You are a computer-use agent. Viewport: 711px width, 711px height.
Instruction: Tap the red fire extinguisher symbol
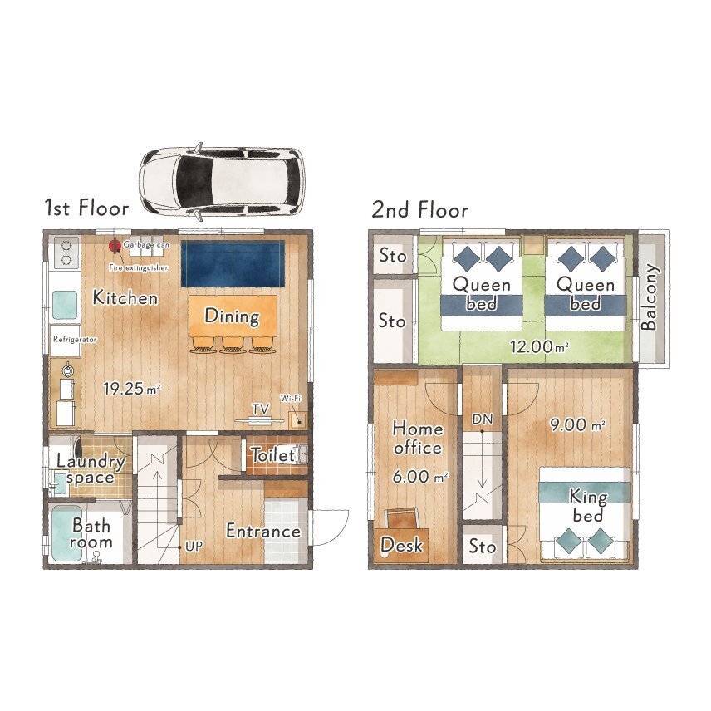click(x=115, y=246)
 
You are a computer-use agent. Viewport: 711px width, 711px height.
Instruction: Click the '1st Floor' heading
click(x=86, y=208)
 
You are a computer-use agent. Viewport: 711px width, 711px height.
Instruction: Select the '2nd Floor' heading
click(x=420, y=210)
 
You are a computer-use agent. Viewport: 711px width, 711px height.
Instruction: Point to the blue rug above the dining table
click(x=233, y=263)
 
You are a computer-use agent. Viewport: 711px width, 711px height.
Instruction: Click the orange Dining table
click(x=233, y=316)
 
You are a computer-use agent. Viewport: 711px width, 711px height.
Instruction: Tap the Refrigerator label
click(x=75, y=339)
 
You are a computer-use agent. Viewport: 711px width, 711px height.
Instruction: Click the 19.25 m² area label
click(x=131, y=389)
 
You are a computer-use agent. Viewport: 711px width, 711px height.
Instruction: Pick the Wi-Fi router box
click(x=298, y=420)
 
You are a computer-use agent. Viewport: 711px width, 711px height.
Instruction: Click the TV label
click(x=261, y=409)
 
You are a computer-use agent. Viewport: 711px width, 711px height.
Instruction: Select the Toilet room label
click(x=273, y=455)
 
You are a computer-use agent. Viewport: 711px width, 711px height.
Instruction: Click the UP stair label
click(x=194, y=547)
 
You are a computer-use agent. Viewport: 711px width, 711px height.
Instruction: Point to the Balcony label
click(x=650, y=297)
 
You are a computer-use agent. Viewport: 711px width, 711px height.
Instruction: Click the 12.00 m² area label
click(x=539, y=347)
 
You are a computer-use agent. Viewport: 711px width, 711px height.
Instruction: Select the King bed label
click(x=588, y=506)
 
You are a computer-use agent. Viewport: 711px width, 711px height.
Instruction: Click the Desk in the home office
click(x=401, y=545)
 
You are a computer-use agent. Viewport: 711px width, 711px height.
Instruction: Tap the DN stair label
click(x=483, y=419)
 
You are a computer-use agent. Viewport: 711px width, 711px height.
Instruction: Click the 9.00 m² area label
click(x=576, y=425)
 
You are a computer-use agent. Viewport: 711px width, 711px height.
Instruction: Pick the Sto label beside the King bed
click(x=482, y=547)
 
